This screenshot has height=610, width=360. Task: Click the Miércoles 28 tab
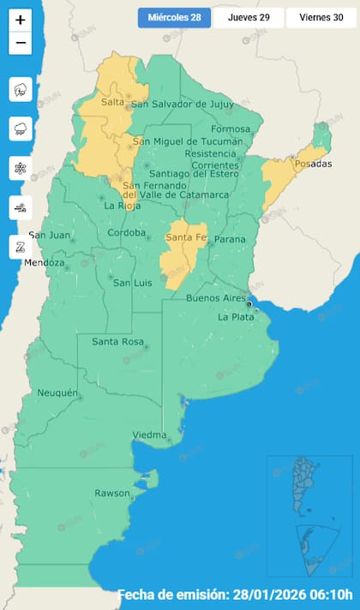tap(174, 17)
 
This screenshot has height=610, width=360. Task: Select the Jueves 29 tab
tap(249, 17)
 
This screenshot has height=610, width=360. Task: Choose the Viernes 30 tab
tap(321, 17)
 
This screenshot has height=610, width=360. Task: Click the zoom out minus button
tap(21, 43)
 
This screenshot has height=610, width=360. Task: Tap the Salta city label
tap(112, 103)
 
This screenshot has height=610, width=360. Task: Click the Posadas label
tap(312, 164)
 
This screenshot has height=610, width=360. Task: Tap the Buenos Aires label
tap(216, 298)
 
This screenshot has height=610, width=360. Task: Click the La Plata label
tap(235, 317)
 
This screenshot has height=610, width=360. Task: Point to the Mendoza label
tap(44, 263)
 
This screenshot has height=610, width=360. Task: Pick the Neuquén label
tap(58, 393)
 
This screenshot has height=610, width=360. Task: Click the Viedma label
tap(149, 435)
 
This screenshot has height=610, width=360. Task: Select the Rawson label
tap(112, 493)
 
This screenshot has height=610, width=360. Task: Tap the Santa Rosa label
tap(117, 343)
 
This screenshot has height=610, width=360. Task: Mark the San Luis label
tap(133, 284)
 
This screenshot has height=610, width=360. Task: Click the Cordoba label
tap(126, 233)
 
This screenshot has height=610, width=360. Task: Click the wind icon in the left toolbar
tap(21, 206)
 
